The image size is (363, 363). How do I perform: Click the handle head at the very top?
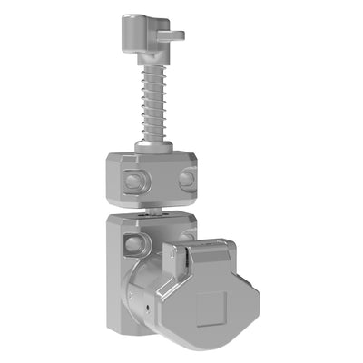point(137,34)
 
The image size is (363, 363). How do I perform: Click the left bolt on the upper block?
point(132,180)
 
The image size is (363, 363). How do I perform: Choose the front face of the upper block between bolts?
point(160,180)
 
